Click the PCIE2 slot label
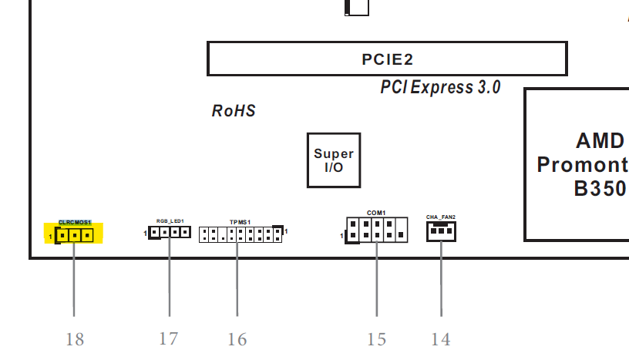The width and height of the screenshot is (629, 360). pyautogui.click(x=387, y=59)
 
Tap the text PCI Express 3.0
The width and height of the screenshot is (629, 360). pyautogui.click(x=440, y=87)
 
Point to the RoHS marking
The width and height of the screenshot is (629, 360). pyautogui.click(x=234, y=111)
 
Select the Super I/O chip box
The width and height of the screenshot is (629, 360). pyautogui.click(x=334, y=160)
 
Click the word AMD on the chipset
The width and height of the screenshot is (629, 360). pyautogui.click(x=600, y=140)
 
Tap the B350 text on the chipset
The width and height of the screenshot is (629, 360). pyautogui.click(x=600, y=189)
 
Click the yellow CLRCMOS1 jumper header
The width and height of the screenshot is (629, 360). pyautogui.click(x=75, y=235)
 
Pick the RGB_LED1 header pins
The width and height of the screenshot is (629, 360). pyautogui.click(x=170, y=231)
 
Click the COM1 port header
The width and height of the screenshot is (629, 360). pyautogui.click(x=377, y=229)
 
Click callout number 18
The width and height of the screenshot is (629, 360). pyautogui.click(x=75, y=339)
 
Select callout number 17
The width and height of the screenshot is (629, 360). pyautogui.click(x=169, y=338)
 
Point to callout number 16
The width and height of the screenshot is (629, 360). pyautogui.click(x=237, y=339)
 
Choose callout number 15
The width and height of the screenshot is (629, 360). pyautogui.click(x=376, y=339)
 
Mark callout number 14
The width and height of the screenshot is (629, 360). pyautogui.click(x=441, y=339)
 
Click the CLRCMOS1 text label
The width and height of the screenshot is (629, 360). pyautogui.click(x=75, y=222)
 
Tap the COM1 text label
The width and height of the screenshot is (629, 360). pyautogui.click(x=376, y=212)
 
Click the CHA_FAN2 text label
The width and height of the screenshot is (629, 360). pyautogui.click(x=441, y=217)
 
